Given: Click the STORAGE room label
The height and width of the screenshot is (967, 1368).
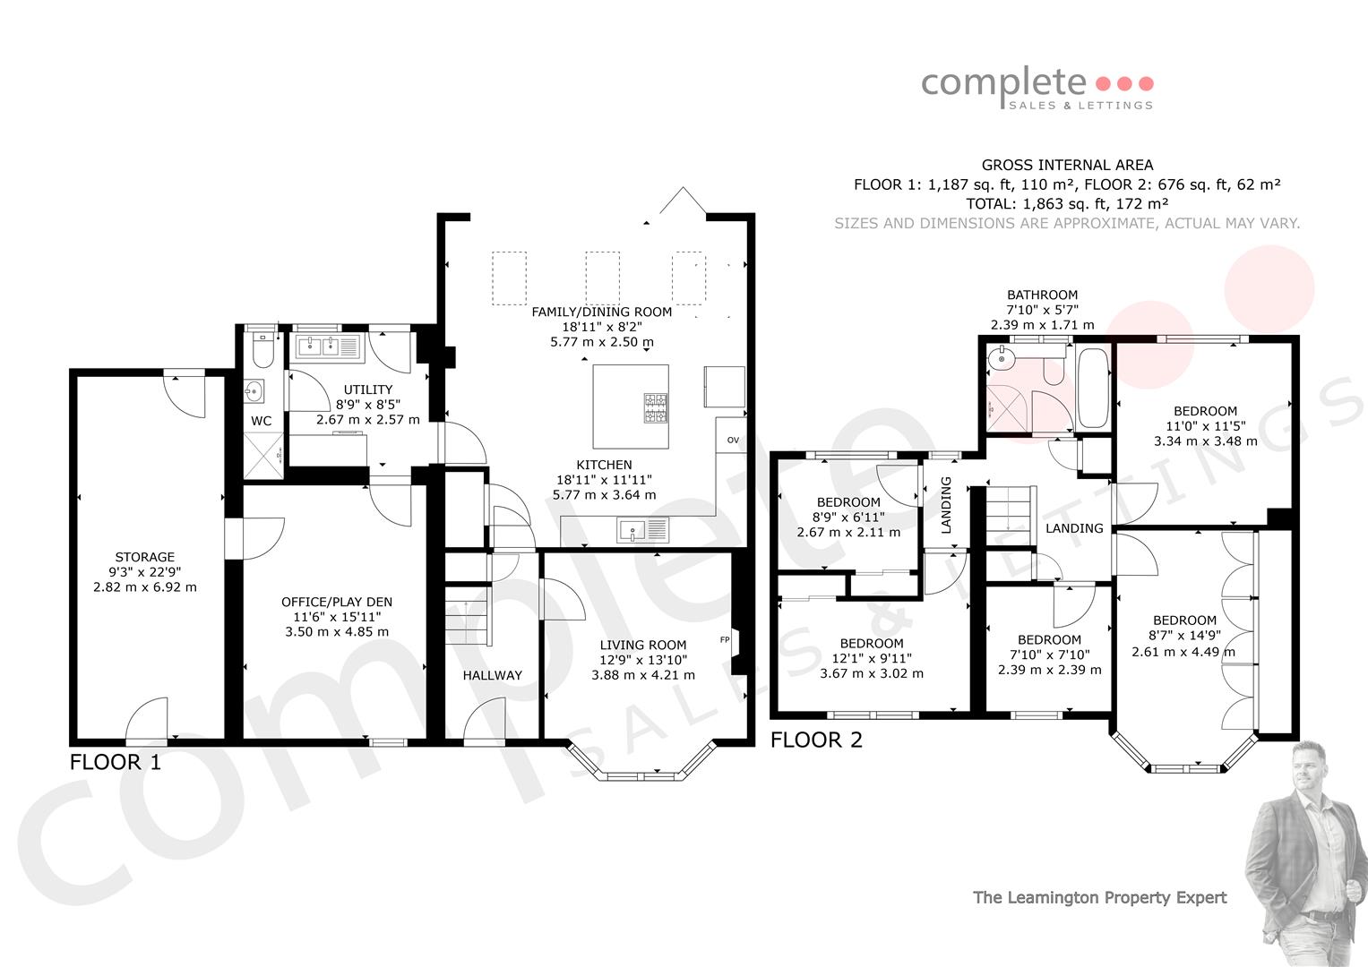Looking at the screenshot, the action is pos(145,557).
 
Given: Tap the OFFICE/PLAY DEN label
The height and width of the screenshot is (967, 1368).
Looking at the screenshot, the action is pos(337,602).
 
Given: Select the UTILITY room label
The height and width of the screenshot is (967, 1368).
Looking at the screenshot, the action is pos(367,389).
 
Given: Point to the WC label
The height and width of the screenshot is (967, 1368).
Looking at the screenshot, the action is pos(262,421).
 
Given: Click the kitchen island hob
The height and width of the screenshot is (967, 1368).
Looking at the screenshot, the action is pos(656,407).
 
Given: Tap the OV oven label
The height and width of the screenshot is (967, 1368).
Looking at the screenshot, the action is pos(733,440).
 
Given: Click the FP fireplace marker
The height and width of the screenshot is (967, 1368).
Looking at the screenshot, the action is pos(725,640).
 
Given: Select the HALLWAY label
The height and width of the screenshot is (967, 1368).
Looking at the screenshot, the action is pos(492,675).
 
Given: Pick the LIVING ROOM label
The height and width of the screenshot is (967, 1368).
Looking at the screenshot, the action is pos(643,645).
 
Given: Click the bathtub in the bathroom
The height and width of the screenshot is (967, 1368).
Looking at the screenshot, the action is pos(1093,389).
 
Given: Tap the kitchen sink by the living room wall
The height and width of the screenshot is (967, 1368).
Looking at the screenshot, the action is pos(643,530).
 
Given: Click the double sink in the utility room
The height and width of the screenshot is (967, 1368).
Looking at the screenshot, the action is pos(327,347).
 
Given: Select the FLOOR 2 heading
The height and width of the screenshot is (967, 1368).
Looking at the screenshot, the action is pos(816,740).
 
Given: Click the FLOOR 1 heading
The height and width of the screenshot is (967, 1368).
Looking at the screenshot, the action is pos(116,762).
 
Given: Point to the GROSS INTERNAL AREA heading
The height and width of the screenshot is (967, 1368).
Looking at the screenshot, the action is pos(1067,165).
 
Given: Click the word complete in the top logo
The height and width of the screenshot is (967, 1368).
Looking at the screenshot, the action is pos(1003,83).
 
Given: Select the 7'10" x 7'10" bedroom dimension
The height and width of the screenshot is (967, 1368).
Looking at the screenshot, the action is pos(1049,655).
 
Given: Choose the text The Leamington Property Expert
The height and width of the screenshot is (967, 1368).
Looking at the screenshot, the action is pos(1099,898).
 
